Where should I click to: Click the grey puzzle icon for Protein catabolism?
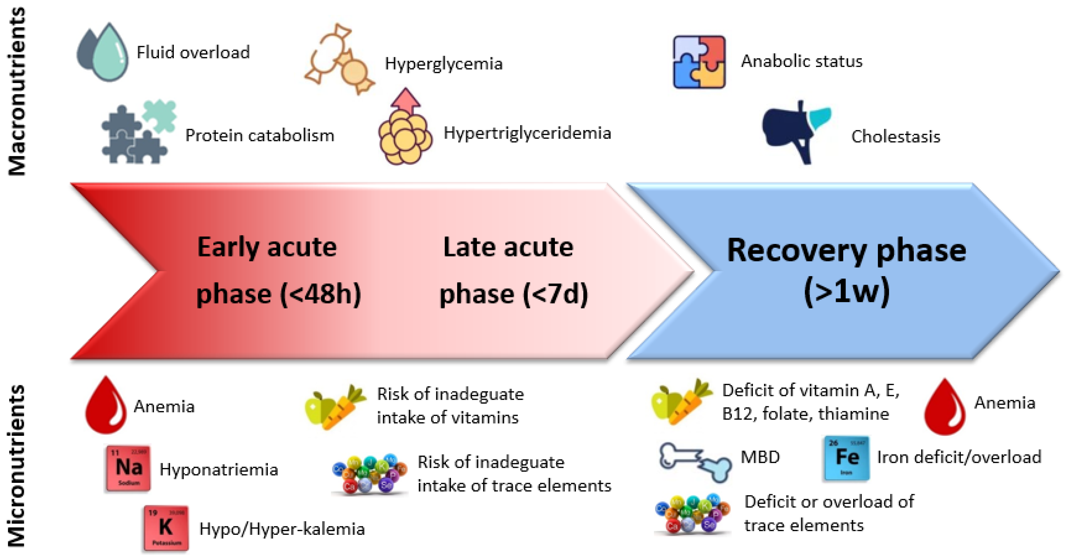coord(138,132)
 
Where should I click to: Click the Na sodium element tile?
coord(128,468)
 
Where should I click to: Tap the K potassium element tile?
coord(166,528)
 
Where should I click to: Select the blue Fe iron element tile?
coord(846,458)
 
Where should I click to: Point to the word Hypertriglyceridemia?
coord(527,133)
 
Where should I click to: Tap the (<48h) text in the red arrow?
coord(320,294)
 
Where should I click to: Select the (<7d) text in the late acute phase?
coord(555,294)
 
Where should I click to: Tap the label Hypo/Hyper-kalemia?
coord(282,529)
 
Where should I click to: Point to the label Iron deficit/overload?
coord(958,457)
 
